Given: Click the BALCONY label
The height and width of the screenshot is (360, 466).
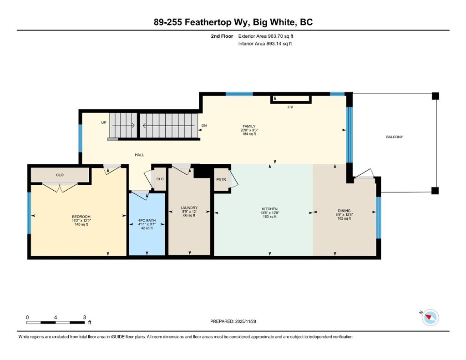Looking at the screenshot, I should (394, 137).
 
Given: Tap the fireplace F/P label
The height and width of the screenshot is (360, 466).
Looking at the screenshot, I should (289, 107).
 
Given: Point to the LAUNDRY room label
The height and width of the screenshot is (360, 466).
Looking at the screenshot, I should (189, 208).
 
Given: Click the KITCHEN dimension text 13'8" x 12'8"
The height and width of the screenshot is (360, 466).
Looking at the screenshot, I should (269, 213).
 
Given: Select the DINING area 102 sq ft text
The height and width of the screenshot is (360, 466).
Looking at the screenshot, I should (344, 218).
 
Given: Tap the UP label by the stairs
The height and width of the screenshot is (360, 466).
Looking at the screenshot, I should (104, 123).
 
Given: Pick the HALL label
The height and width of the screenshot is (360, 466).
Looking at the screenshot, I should (139, 155).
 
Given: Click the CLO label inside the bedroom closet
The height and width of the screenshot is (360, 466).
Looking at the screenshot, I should (60, 175).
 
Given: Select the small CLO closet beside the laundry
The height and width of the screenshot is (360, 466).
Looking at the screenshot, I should (160, 179).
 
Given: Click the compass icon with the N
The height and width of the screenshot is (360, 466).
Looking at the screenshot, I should (430, 317).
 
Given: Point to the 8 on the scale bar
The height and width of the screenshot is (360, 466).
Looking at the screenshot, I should (85, 317).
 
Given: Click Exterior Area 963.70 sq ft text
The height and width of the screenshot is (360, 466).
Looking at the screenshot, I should (268, 36).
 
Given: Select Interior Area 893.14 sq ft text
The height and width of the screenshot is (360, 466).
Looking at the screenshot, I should (265, 44).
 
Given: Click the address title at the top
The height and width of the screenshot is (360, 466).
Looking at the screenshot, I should (233, 22).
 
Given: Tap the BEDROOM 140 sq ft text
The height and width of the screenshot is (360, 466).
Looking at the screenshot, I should (81, 224).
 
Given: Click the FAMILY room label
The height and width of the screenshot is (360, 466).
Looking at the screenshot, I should (248, 127).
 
